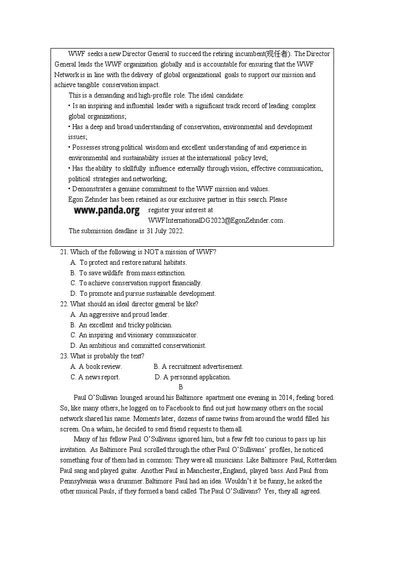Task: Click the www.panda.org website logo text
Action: click(x=106, y=211)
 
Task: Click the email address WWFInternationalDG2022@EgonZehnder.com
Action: click(x=216, y=220)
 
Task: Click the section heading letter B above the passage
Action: click(x=180, y=387)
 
